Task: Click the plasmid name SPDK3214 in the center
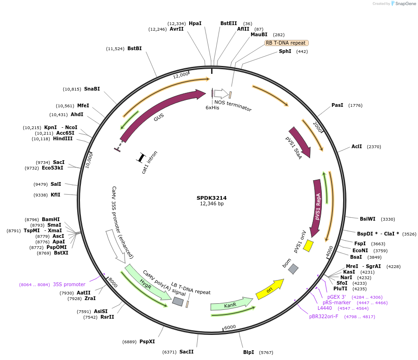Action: tap(212, 197)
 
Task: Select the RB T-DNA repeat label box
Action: tap(286, 43)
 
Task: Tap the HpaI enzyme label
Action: tap(195, 23)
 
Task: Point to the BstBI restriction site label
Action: tap(134, 48)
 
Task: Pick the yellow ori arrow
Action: tap(270, 289)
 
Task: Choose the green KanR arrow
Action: tap(231, 305)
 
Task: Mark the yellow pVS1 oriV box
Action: tap(308, 246)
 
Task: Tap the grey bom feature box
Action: tap(293, 268)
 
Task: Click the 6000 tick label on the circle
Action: tap(230, 327)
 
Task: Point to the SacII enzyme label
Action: tap(186, 352)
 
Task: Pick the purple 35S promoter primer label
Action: tap(69, 284)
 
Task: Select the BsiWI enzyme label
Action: tap(367, 219)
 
